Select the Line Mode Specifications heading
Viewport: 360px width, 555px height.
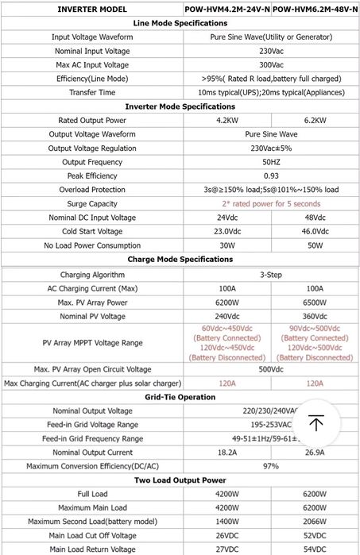[x=180, y=24]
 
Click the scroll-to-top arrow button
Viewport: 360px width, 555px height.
[x=316, y=423]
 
